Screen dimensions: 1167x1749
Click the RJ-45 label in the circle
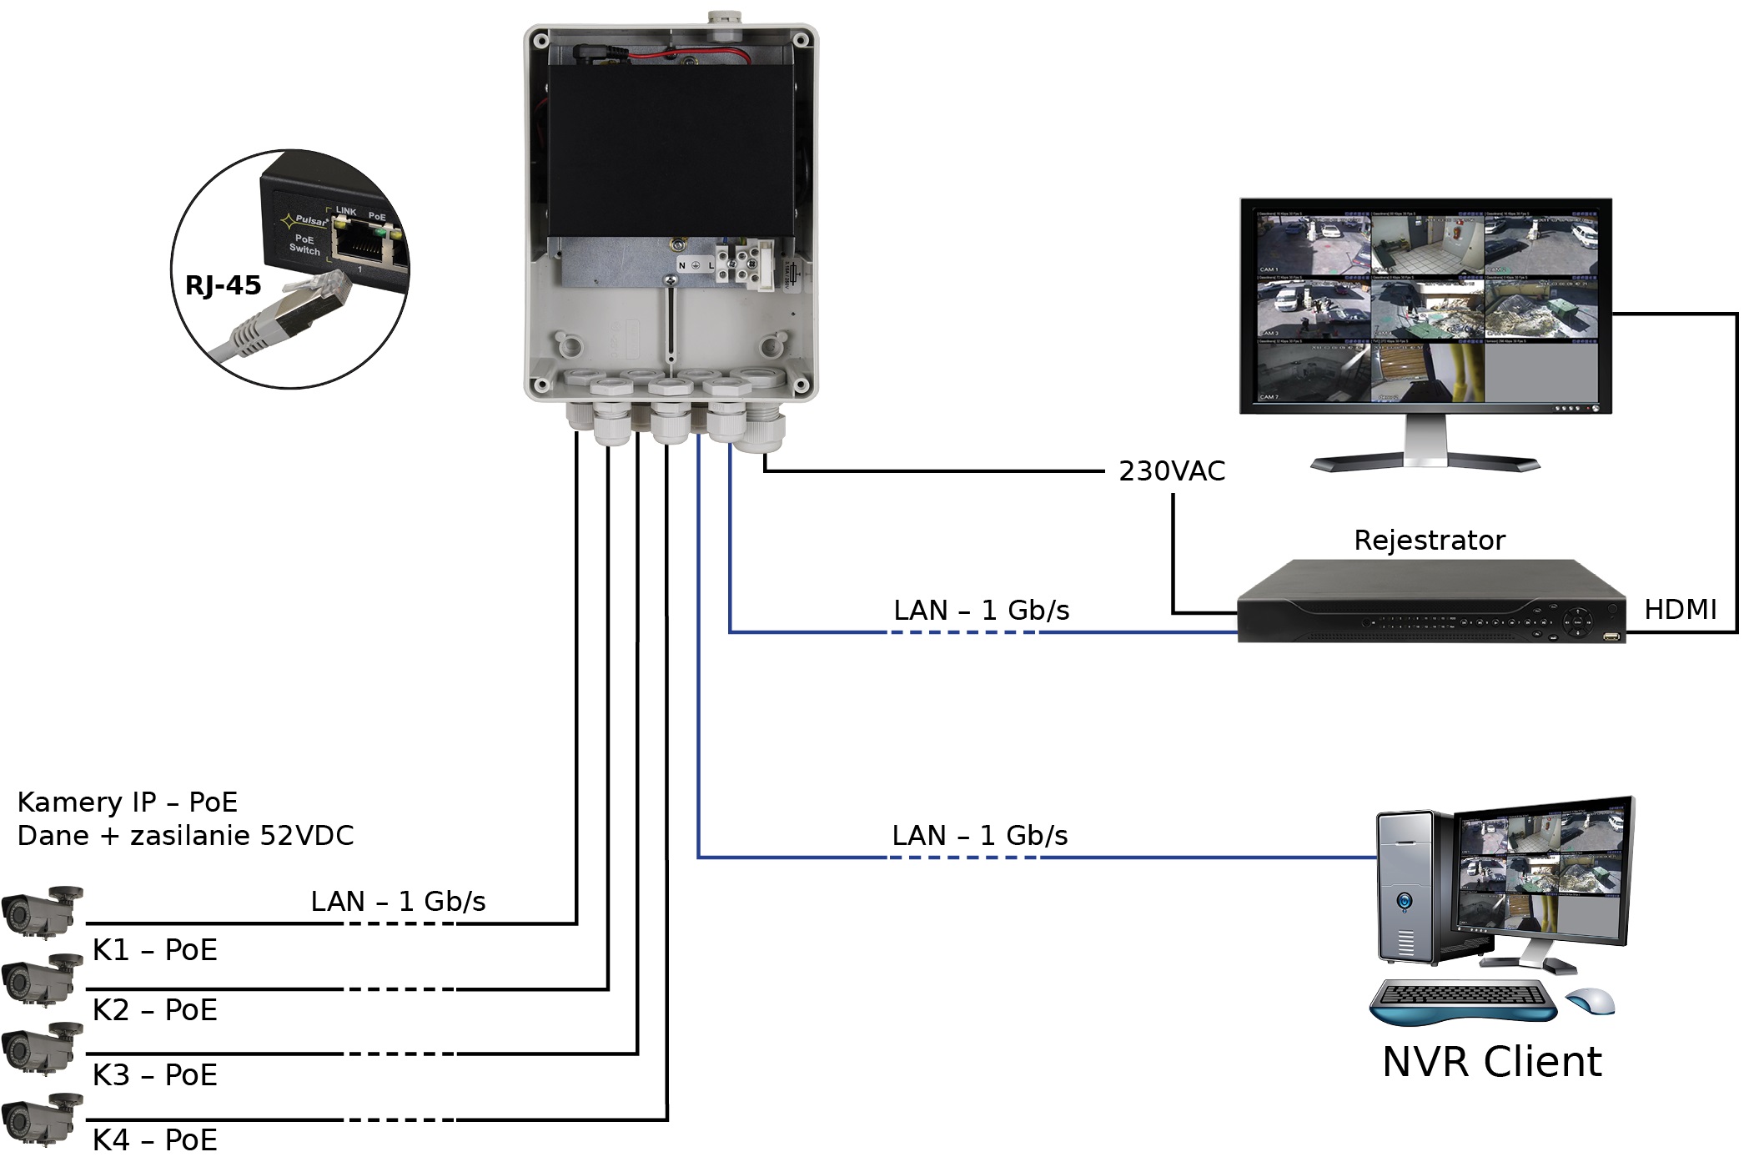point(223,286)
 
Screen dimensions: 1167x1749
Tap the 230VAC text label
point(1172,471)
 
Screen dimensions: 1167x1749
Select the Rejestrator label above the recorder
point(1430,541)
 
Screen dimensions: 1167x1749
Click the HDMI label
point(1680,610)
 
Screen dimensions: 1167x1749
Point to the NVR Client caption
point(1491,1062)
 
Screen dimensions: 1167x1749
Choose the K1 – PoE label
point(155,950)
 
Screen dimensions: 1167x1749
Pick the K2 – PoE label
point(155,1010)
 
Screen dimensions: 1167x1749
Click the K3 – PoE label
point(155,1075)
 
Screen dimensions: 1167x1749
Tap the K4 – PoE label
point(155,1139)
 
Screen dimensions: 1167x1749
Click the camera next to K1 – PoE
point(42,910)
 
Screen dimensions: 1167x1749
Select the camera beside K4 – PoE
point(42,1118)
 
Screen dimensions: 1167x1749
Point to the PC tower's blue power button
point(1405,902)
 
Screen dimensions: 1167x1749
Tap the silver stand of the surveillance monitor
point(1425,446)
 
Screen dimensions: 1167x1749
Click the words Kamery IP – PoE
point(127,802)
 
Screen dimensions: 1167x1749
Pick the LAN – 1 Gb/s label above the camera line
point(398,902)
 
